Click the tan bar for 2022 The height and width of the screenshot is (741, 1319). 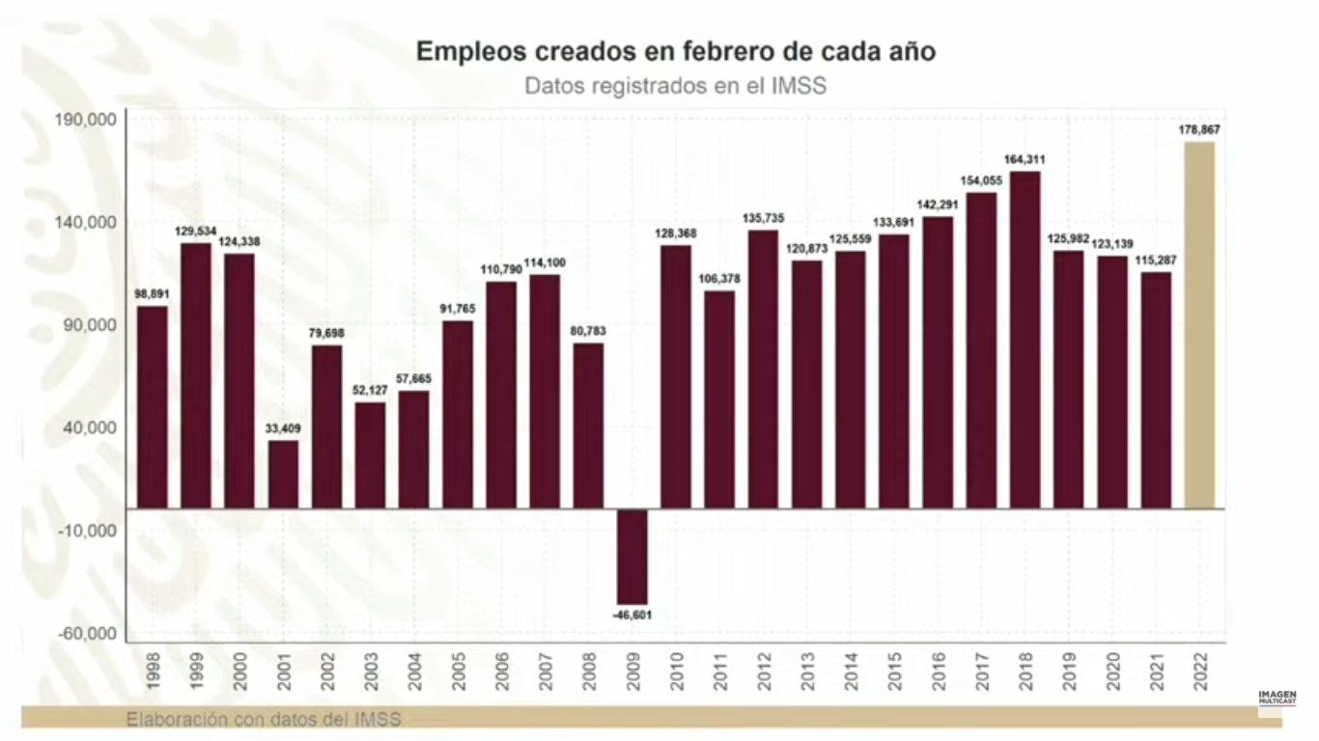coord(1199,324)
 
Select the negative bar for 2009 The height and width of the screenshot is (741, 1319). coord(632,556)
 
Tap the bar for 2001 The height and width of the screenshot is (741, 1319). coord(283,474)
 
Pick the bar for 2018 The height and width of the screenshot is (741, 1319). coord(1024,339)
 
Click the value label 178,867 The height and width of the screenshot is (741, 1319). coord(1199,128)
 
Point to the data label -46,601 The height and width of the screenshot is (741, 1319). coord(632,614)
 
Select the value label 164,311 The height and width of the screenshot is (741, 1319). coord(1024,159)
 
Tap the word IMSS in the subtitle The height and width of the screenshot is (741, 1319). coord(800,85)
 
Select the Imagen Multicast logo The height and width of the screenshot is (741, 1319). coord(1277,698)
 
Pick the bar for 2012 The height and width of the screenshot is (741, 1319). coord(763,369)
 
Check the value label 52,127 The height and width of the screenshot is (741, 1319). coord(370,390)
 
